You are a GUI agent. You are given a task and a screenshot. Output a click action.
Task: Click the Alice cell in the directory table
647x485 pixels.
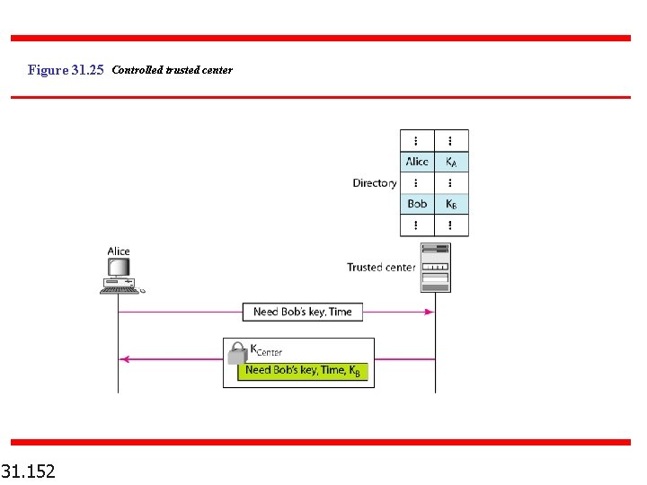(x=417, y=162)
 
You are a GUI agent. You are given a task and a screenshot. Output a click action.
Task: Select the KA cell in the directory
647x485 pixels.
(x=451, y=162)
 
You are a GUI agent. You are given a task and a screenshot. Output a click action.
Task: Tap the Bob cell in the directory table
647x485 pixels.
(x=417, y=204)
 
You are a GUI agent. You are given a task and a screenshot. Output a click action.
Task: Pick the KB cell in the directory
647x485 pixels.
(x=451, y=204)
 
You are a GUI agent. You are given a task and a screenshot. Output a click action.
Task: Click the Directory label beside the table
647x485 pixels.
(x=374, y=183)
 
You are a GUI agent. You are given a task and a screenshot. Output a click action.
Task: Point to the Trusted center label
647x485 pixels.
(x=381, y=267)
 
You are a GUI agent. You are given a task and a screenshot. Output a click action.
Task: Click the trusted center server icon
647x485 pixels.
(x=435, y=267)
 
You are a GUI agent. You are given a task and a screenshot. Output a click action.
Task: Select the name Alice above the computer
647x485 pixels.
(x=119, y=251)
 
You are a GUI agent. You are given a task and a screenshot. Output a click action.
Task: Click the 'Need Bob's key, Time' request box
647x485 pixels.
(x=302, y=312)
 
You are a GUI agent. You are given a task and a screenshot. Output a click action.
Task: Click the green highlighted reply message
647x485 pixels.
(x=303, y=370)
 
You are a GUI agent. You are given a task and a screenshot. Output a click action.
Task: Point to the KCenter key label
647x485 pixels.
(x=266, y=350)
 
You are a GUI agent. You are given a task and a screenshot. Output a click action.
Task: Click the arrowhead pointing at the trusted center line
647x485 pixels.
(x=430, y=312)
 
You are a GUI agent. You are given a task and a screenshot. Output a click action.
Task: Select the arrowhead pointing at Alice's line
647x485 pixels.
(x=125, y=359)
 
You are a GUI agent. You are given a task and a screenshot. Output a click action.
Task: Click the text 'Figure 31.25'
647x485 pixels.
(x=66, y=70)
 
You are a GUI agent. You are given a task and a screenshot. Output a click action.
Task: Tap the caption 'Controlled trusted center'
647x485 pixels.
(x=172, y=70)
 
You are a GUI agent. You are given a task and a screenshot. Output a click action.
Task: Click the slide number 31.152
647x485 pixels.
(x=28, y=471)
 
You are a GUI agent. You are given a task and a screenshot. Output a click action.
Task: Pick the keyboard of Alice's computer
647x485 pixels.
(x=119, y=285)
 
